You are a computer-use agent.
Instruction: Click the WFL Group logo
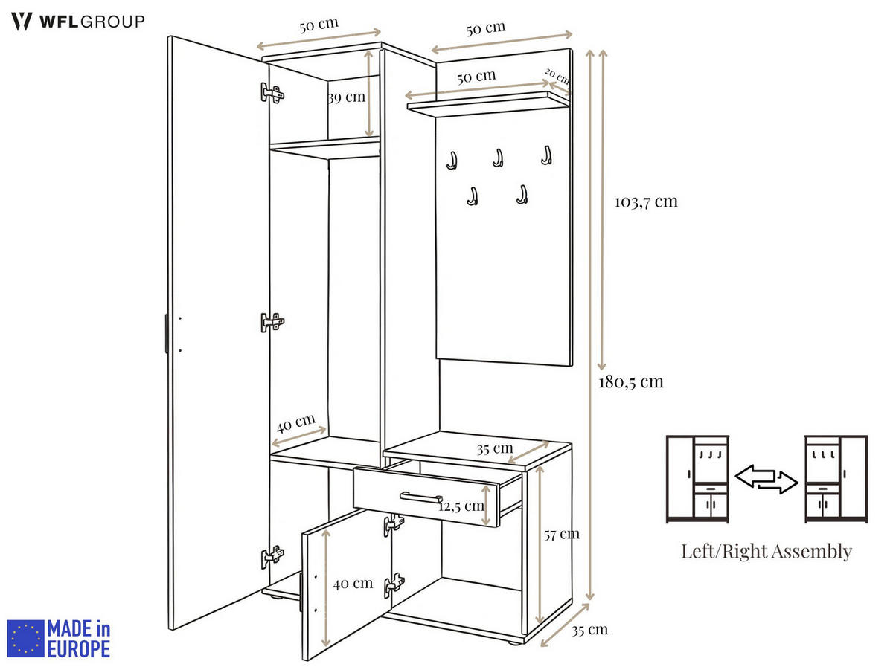coord(77,22)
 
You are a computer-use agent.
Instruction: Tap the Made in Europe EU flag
coord(26,639)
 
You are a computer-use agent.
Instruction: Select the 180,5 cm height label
coord(630,382)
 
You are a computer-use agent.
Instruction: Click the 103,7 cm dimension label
coord(646,202)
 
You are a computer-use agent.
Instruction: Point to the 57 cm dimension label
coord(561,534)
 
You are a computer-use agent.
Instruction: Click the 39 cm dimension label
coord(346,97)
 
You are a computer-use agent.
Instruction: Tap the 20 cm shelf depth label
coord(557,76)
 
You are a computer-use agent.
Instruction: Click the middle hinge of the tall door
coord(272,323)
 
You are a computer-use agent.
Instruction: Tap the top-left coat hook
coord(451,160)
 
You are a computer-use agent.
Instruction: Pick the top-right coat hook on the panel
coord(546,155)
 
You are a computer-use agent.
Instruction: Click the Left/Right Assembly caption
coord(766,552)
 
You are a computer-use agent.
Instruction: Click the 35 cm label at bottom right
coord(589,630)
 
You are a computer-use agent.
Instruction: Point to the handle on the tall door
coord(167,333)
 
